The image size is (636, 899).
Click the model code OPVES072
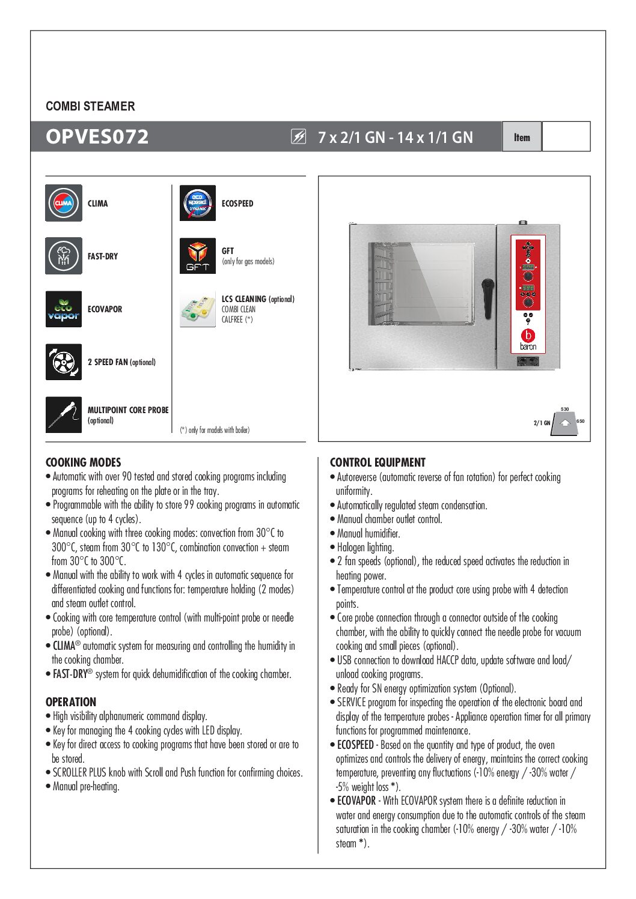97,136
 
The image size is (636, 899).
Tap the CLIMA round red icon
64,203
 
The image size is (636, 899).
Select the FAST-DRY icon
64,256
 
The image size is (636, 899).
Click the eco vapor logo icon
64,309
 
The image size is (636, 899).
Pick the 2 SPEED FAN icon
64,362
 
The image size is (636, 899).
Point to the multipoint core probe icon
64,414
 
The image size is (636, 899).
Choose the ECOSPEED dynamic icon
198,203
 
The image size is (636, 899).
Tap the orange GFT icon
198,256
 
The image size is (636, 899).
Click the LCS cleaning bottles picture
198,309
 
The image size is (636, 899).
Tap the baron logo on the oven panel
528,339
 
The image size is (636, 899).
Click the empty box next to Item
566,136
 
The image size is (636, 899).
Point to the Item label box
522,137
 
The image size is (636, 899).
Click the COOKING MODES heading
84,462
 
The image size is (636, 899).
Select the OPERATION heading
71,702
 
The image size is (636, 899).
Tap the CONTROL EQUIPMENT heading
378,462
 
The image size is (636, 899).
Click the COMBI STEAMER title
90,106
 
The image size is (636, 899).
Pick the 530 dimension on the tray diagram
564,409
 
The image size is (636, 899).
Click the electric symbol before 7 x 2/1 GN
299,137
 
